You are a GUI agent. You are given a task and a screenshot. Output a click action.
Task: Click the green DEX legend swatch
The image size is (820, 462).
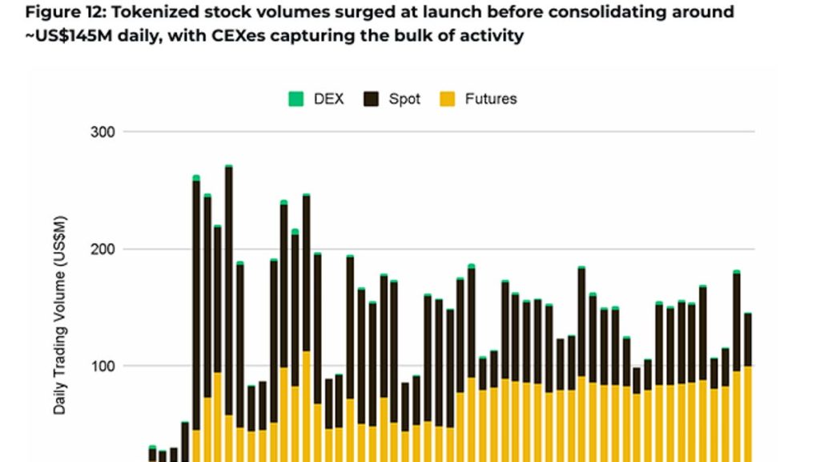[x=296, y=99]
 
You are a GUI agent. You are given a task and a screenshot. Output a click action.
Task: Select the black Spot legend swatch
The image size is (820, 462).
[x=372, y=99]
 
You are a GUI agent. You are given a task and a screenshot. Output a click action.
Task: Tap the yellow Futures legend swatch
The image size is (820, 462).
[x=448, y=99]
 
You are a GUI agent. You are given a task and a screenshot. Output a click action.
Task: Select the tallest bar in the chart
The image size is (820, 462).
[x=229, y=313]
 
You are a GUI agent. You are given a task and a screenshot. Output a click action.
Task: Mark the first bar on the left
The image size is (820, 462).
[x=152, y=454]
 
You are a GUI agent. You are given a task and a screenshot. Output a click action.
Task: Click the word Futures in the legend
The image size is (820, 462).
[x=491, y=99]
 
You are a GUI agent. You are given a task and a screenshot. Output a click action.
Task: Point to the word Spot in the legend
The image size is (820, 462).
[x=404, y=99]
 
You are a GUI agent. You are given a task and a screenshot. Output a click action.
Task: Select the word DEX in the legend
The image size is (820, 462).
[x=329, y=99]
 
